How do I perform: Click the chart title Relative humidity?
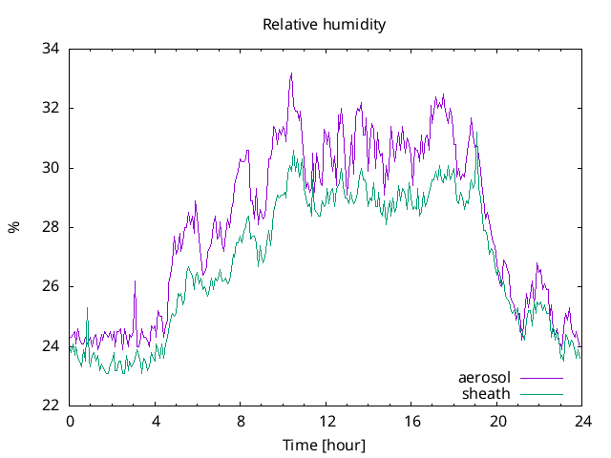(325, 25)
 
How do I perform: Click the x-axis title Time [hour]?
(325, 445)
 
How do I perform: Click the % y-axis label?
(13, 227)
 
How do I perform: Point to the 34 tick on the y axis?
(50, 49)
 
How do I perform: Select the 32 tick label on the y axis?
(50, 108)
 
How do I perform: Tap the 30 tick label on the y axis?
(50, 168)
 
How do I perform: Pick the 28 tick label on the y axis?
(50, 227)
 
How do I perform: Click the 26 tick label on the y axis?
(50, 286)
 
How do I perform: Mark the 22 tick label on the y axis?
(50, 406)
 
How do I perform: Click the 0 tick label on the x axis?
(70, 421)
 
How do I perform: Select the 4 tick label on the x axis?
(156, 421)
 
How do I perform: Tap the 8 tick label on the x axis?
(241, 421)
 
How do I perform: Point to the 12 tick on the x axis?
(327, 421)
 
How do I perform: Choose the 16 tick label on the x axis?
(412, 421)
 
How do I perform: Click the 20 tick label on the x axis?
(497, 421)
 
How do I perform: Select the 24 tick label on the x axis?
(583, 421)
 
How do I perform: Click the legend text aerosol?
(485, 378)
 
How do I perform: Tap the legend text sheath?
(487, 393)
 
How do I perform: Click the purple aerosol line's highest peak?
(291, 73)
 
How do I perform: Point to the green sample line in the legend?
(541, 393)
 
